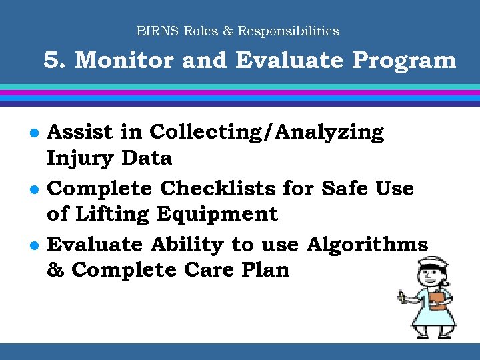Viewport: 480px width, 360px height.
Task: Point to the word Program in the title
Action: [404, 61]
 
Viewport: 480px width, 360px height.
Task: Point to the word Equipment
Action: [217, 214]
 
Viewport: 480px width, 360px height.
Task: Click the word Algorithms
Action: [367, 245]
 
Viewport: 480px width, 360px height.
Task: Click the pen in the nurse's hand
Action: [402, 294]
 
